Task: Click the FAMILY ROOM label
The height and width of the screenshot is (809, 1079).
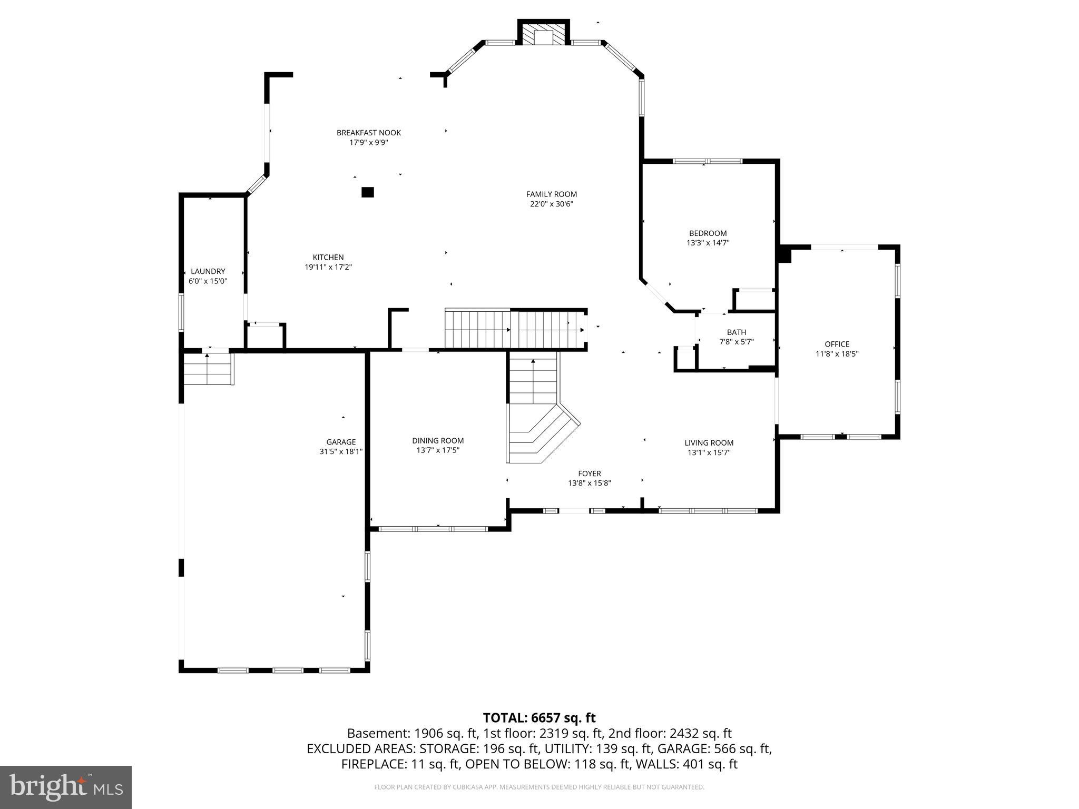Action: (x=551, y=194)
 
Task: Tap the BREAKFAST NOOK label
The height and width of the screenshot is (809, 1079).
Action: (x=369, y=133)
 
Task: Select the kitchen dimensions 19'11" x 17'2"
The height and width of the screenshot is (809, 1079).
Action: (x=328, y=267)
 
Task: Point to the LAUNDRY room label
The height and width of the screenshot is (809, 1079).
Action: (x=208, y=271)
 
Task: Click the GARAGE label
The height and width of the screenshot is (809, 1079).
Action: (x=341, y=442)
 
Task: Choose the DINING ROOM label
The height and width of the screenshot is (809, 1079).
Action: (x=438, y=441)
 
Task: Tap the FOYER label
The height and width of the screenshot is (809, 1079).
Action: (x=589, y=473)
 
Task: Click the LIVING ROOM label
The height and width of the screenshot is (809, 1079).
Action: (x=709, y=443)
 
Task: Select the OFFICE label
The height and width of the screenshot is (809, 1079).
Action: (x=837, y=344)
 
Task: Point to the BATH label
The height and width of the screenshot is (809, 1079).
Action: (x=736, y=332)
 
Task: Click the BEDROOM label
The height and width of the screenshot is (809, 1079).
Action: (x=708, y=233)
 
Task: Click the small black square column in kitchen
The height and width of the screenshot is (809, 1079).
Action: (x=368, y=192)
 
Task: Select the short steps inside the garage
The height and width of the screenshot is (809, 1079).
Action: (x=208, y=369)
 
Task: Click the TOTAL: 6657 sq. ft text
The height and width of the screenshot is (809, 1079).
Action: (x=539, y=718)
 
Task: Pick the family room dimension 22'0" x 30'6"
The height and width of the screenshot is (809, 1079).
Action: (x=551, y=204)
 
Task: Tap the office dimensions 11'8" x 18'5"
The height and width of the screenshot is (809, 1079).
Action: (x=837, y=354)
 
